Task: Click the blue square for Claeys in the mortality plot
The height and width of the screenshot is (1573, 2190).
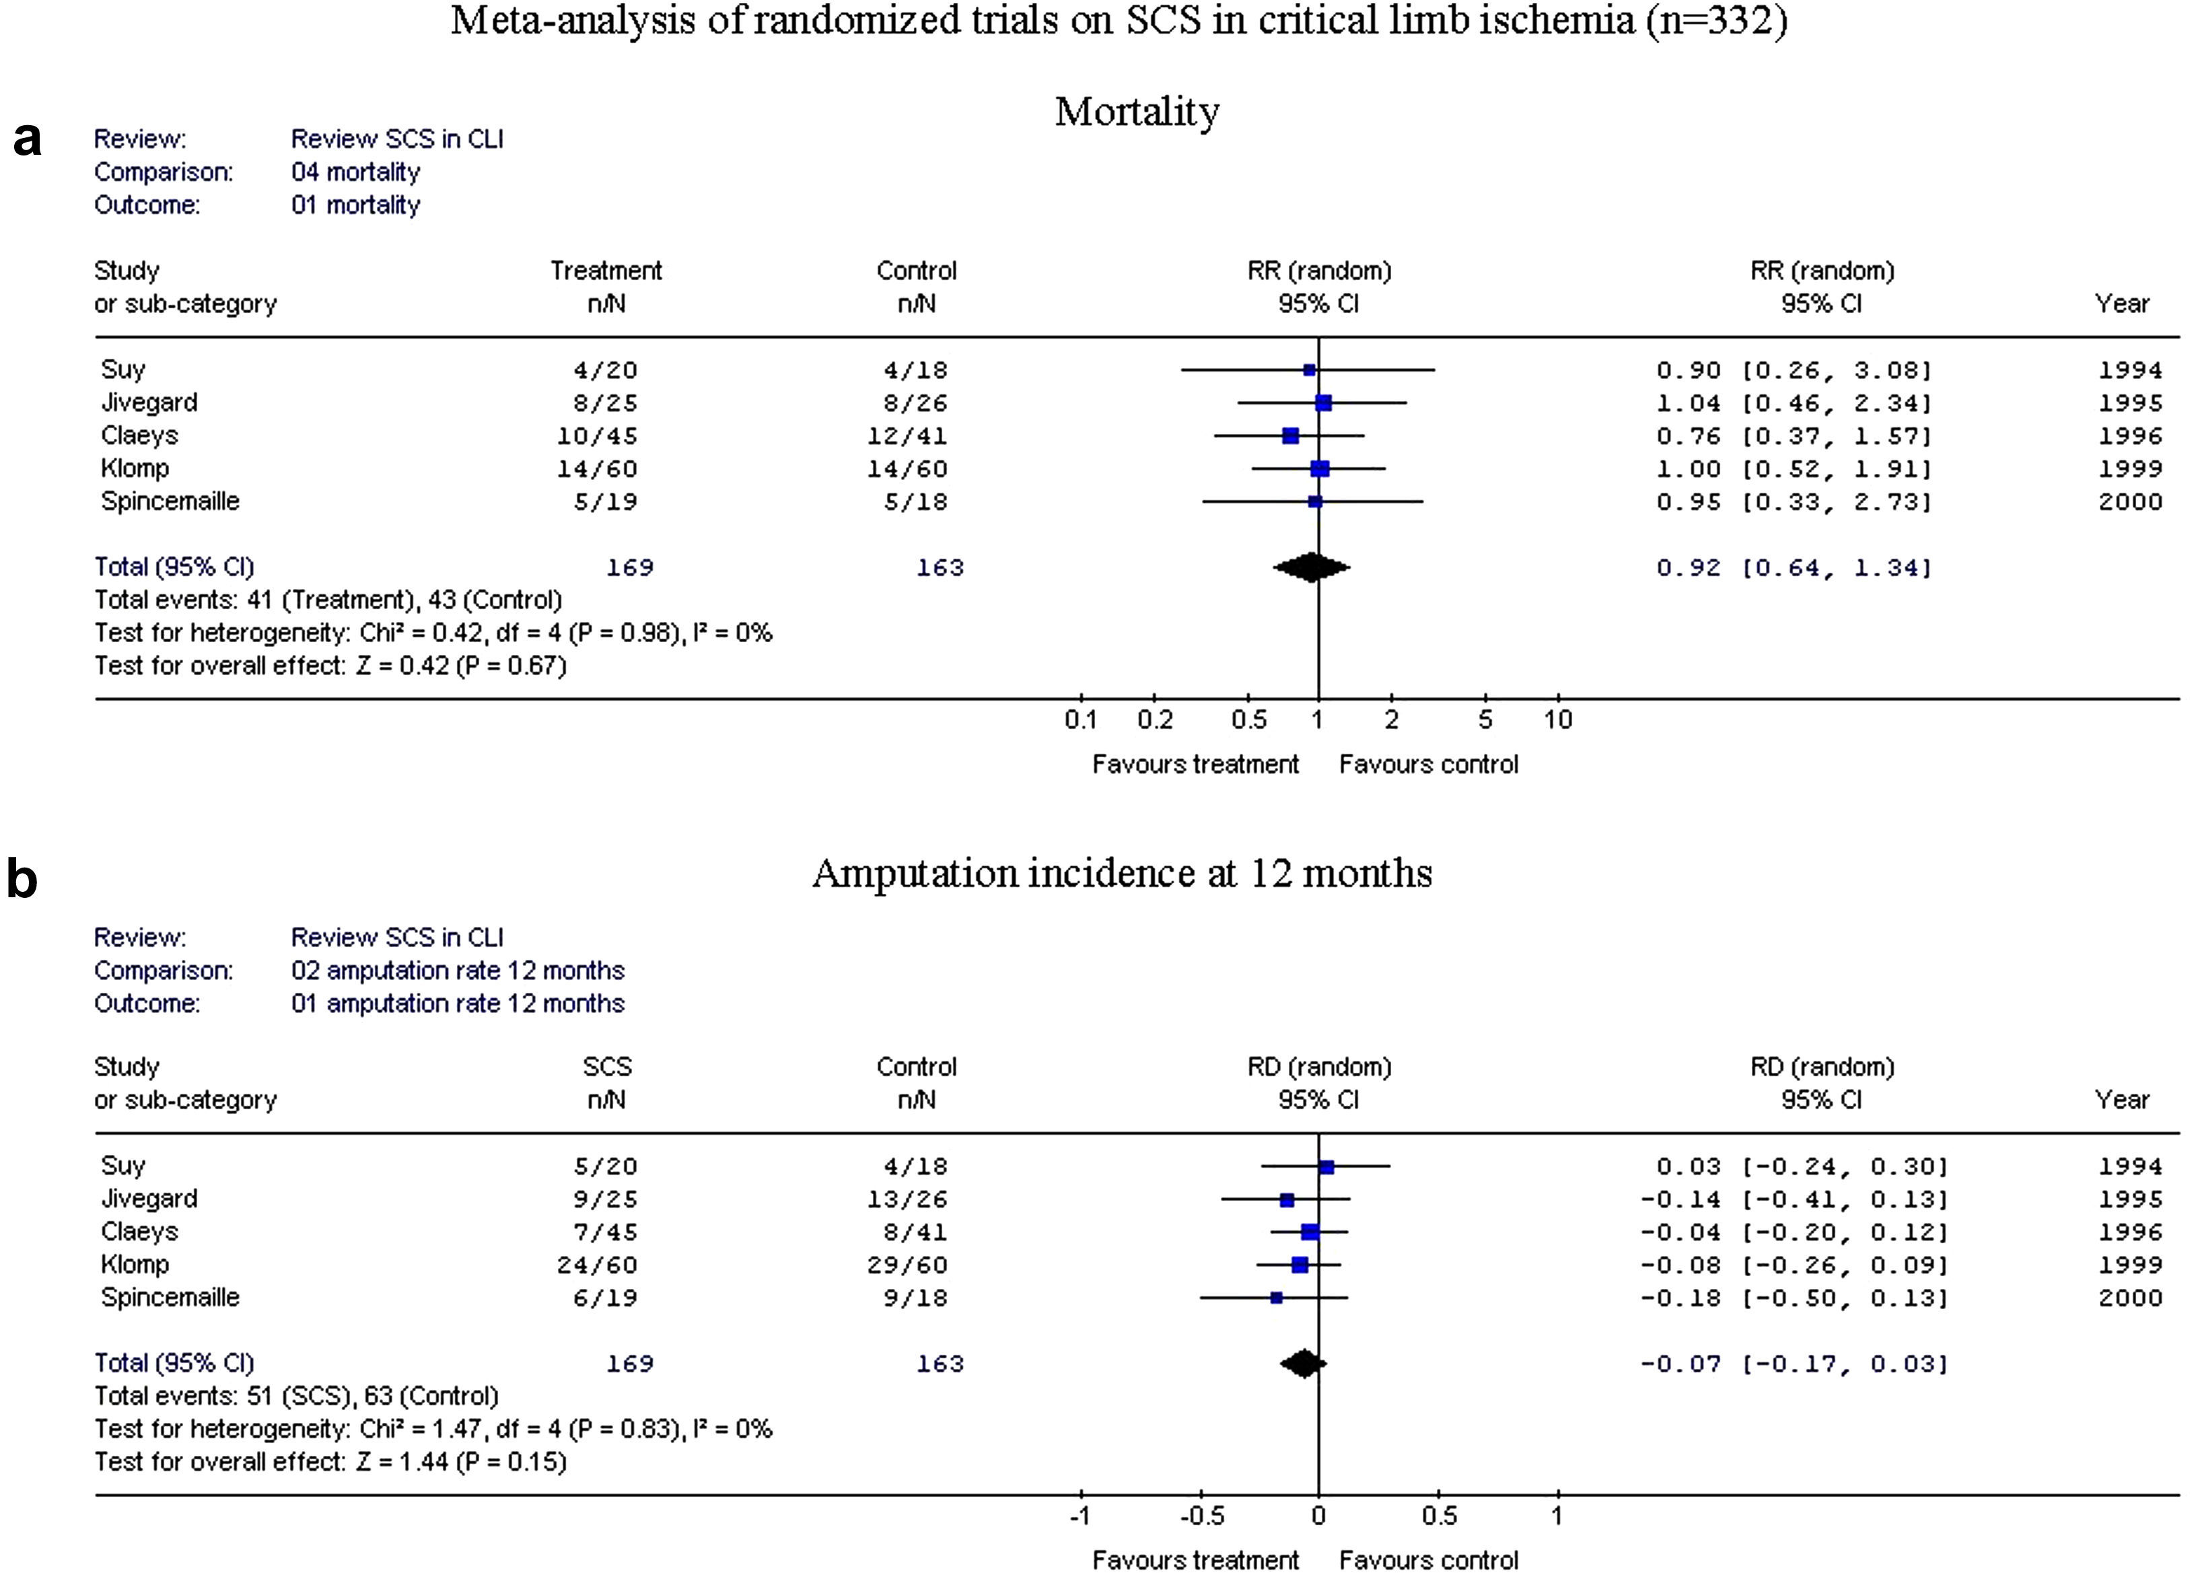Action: [1290, 435]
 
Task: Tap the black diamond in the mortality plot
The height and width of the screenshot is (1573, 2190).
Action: [1311, 567]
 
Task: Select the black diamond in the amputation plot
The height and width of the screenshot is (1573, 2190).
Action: [1304, 1364]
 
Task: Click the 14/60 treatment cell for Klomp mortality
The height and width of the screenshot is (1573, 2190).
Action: [597, 469]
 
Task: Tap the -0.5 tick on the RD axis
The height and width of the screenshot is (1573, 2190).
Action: [1201, 1516]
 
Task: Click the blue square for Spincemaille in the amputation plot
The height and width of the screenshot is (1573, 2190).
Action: [1277, 1298]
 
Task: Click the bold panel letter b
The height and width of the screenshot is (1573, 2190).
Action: [22, 880]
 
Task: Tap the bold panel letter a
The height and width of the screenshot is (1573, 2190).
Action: [27, 140]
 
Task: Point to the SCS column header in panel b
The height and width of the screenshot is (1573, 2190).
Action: [606, 1067]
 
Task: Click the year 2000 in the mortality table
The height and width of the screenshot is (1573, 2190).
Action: [2129, 502]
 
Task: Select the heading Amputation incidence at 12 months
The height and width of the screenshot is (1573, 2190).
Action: [1121, 874]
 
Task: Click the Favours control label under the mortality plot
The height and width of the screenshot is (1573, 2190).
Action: [1428, 765]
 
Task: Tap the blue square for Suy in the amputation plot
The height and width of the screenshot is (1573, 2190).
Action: [1326, 1166]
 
